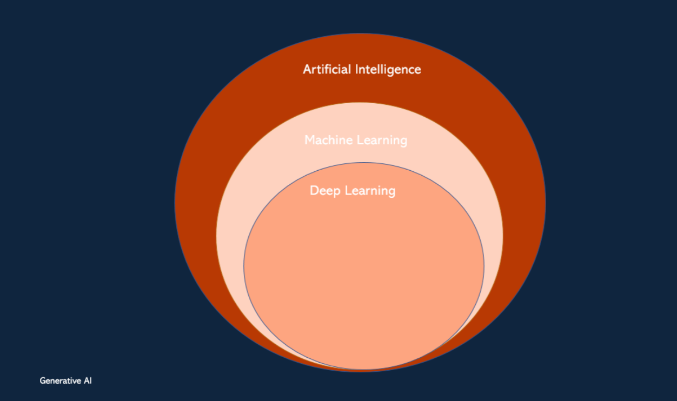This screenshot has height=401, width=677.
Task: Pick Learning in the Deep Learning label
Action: point(370,191)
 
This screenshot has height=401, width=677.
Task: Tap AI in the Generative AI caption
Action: point(88,380)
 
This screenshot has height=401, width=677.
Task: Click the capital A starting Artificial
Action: point(307,69)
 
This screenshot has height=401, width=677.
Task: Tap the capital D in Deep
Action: point(314,190)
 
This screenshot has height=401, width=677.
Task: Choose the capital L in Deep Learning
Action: point(347,190)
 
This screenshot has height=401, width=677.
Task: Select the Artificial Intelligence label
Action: point(362,69)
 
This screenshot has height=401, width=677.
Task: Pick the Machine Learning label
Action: point(356,140)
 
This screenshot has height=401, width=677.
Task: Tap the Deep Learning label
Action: point(353,191)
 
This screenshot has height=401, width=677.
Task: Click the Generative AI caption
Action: point(66,380)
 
